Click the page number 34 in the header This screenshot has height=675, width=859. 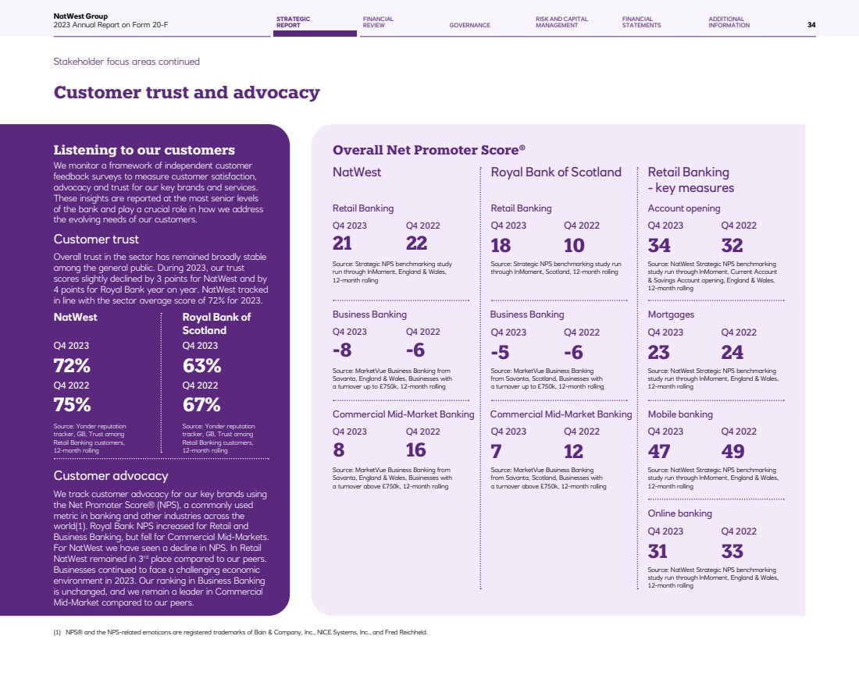811,25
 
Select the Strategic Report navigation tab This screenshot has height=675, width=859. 293,22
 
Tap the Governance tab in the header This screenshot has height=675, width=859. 469,25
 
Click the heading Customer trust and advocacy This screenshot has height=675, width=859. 187,93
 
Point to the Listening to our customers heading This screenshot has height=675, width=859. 144,150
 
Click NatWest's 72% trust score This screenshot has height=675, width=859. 72,365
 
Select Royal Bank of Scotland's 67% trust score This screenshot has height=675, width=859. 201,405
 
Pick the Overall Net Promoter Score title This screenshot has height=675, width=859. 429,150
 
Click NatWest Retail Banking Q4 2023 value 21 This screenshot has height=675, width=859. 342,244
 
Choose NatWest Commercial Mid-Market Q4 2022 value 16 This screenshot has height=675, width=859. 416,450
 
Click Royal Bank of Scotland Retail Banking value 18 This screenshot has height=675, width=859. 501,245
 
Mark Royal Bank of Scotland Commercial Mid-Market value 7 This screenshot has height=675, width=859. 496,450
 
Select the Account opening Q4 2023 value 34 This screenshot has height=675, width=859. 659,245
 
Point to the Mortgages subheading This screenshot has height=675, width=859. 671,314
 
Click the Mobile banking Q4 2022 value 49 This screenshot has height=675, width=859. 732,451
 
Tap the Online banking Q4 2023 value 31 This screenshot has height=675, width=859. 658,551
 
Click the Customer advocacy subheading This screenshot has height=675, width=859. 111,475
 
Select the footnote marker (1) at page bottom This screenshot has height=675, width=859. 57,633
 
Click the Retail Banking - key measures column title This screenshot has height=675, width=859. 690,179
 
